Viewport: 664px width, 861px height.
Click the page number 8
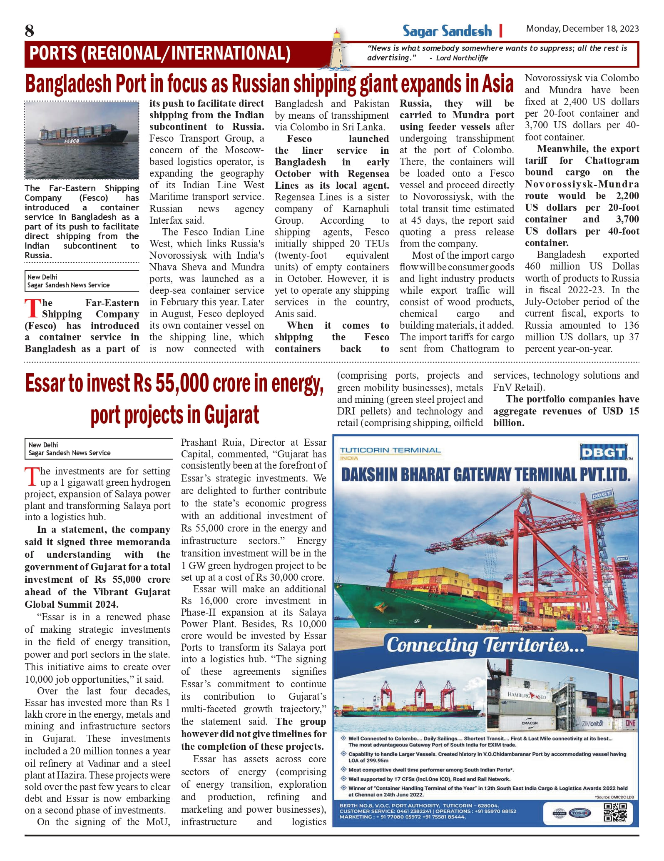pos(30,31)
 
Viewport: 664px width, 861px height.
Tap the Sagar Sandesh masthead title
pos(447,31)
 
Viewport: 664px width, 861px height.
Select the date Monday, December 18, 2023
pos(582,28)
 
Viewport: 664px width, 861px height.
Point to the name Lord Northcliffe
pos(462,58)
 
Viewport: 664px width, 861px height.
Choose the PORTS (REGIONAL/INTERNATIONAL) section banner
pos(160,54)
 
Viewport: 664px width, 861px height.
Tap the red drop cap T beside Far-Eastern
pos(32,309)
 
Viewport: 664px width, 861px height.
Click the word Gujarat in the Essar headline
pos(231,415)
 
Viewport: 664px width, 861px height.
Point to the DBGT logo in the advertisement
pos(603,452)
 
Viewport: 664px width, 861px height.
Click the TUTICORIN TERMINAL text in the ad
pos(390,450)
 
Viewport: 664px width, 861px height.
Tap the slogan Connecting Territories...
pos(485,645)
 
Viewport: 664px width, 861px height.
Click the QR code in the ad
pos(615,813)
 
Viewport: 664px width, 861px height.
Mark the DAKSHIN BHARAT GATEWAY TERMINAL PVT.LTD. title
pos(485,475)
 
